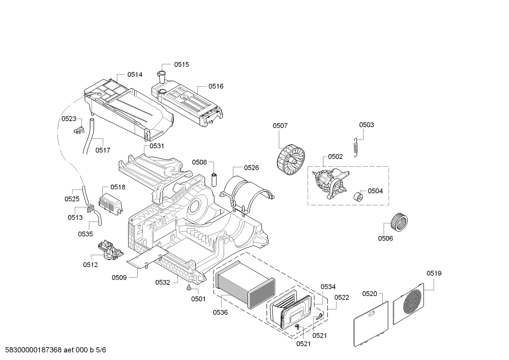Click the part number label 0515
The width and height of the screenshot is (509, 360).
click(181, 65)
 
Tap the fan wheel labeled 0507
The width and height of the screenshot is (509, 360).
click(291, 161)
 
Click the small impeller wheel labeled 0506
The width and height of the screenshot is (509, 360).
click(399, 222)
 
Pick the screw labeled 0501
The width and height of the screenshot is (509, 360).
click(188, 288)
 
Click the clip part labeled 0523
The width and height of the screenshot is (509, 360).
click(79, 130)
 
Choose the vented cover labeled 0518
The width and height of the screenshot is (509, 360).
click(111, 203)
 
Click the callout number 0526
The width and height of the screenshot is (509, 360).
click(251, 168)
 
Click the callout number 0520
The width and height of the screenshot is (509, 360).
click(370, 294)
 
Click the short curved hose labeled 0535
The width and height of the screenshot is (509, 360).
click(98, 218)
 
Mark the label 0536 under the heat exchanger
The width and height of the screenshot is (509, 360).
click(220, 312)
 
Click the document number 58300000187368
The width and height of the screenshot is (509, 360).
click(33, 350)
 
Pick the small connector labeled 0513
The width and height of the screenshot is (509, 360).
click(91, 208)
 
